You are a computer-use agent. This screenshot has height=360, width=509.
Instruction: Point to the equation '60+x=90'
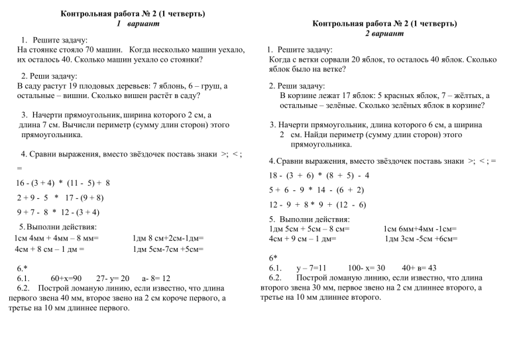point(66,278)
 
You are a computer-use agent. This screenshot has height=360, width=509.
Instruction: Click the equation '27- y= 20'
point(113,278)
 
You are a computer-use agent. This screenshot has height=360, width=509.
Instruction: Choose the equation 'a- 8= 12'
point(156,278)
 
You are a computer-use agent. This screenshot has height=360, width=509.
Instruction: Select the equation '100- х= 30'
point(367,268)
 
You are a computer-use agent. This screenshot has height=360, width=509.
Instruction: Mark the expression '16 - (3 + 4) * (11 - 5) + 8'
point(62,182)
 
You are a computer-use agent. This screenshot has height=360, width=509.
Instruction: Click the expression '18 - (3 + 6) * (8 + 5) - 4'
point(319,176)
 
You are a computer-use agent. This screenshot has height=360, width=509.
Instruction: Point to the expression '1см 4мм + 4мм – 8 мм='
point(56,238)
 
